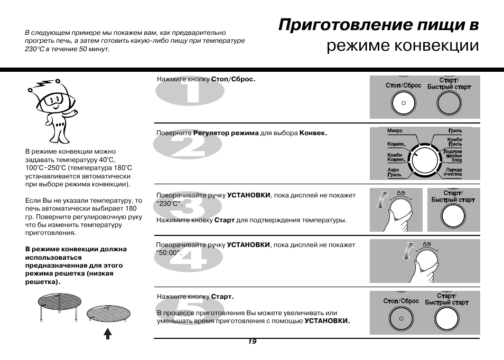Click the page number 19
[x=252, y=342]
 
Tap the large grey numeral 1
[x=190, y=94]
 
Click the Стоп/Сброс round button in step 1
[x=403, y=103]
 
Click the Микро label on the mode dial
[x=395, y=131]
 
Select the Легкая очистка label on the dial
[x=452, y=172]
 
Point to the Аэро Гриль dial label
[x=394, y=172]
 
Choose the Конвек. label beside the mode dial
[x=396, y=144]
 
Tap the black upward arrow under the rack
[x=108, y=333]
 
